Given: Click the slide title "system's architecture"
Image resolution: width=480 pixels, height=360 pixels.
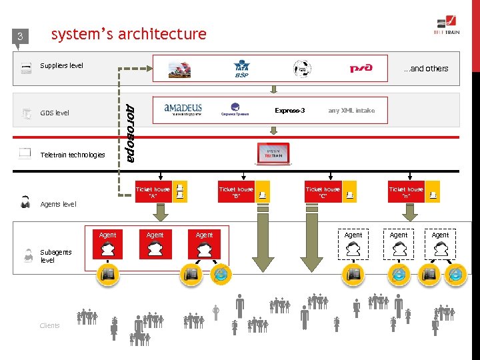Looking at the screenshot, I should (129, 34).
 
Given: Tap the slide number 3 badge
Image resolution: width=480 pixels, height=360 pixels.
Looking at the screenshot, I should (20, 37).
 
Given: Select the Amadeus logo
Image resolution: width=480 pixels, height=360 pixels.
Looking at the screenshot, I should (183, 109).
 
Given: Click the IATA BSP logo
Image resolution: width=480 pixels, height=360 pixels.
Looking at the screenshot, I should (241, 69).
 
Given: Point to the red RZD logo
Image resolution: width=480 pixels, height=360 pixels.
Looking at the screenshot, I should (361, 68).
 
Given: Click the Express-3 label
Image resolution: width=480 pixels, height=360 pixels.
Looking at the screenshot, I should (289, 111).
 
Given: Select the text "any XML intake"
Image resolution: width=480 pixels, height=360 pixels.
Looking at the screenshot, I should (351, 111).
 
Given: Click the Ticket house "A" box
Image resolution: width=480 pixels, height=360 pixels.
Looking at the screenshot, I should (153, 192).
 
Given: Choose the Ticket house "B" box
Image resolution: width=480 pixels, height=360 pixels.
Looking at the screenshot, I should (236, 192).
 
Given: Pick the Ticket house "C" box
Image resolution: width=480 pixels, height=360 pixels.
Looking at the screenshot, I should (323, 192).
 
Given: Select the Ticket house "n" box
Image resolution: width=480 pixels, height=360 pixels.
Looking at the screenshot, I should (406, 192).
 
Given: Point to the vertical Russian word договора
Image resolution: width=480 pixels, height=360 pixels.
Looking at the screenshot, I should (131, 133).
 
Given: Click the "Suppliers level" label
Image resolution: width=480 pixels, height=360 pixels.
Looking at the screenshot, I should (61, 66).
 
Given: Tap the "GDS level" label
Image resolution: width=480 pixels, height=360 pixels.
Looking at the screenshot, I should (55, 113).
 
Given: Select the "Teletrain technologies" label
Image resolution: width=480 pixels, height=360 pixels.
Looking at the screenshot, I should (73, 155).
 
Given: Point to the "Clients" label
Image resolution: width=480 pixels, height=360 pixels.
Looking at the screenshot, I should (49, 325).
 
